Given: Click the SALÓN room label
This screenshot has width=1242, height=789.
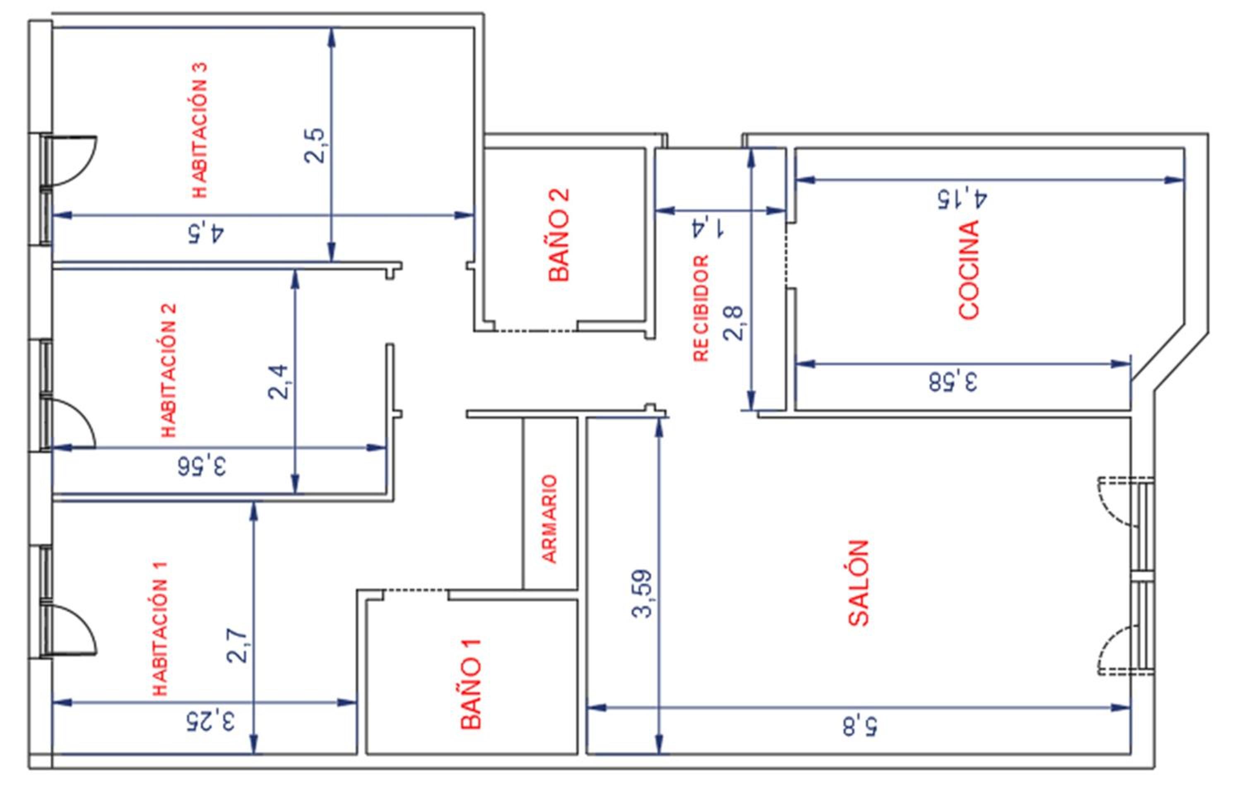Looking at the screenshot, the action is [x=859, y=583].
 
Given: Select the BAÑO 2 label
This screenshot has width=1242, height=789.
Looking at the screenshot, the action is [x=558, y=234].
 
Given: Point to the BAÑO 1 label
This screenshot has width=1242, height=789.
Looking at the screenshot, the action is [x=470, y=684].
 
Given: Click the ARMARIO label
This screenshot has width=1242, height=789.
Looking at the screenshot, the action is [x=550, y=519].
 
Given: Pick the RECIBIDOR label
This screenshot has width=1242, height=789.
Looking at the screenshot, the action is [x=701, y=308].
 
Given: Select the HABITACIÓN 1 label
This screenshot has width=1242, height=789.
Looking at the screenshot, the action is [x=160, y=629].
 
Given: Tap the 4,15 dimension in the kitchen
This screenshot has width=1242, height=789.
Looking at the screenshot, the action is [x=963, y=199].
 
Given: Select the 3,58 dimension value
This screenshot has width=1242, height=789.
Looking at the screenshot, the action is [x=953, y=382].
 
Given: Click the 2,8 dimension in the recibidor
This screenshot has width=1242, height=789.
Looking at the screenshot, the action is [x=733, y=323].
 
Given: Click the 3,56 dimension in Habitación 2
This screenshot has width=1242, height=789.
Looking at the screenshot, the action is [x=202, y=467].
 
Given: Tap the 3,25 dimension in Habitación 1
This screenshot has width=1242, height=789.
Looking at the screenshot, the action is [x=210, y=720].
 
